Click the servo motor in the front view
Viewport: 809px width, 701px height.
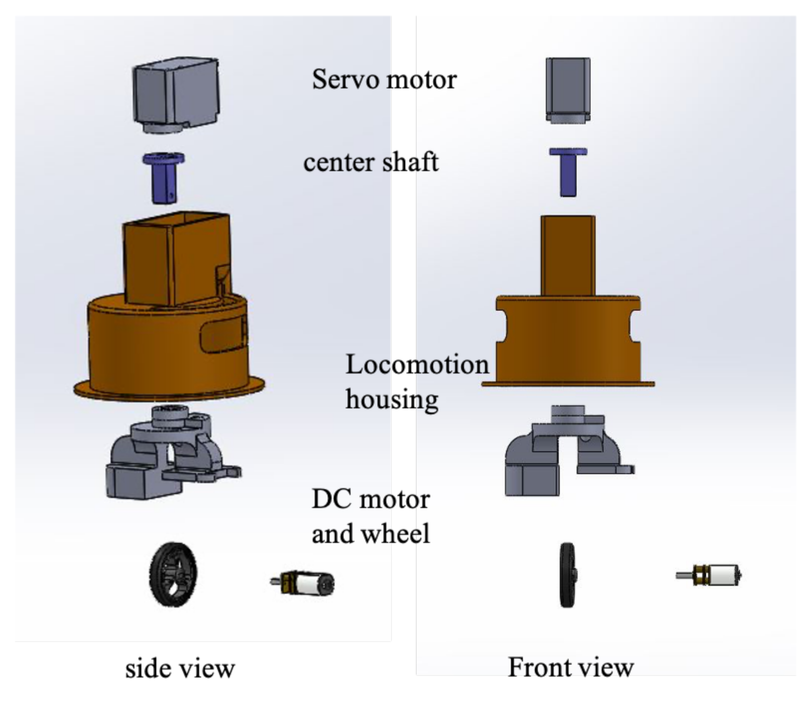pyautogui.click(x=568, y=89)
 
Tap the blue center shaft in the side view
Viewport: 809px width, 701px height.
pyautogui.click(x=164, y=179)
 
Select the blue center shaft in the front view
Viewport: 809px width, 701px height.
pyautogui.click(x=568, y=172)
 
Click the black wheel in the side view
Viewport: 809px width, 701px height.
pyautogui.click(x=174, y=574)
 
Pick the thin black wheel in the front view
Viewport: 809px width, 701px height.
pyautogui.click(x=567, y=575)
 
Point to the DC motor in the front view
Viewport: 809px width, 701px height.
pyautogui.click(x=712, y=575)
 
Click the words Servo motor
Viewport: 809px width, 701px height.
pyautogui.click(x=384, y=79)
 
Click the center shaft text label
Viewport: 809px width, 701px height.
pyautogui.click(x=371, y=162)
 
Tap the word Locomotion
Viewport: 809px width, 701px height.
pyautogui.click(x=417, y=364)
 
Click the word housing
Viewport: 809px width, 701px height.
pyautogui.click(x=392, y=399)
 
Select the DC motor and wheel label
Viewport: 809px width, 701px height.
pyautogui.click(x=371, y=516)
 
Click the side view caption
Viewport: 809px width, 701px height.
pyautogui.click(x=180, y=668)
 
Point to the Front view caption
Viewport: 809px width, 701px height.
pyautogui.click(x=570, y=667)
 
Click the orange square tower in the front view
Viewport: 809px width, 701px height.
pyautogui.click(x=568, y=255)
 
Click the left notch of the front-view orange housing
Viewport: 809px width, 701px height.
pyautogui.click(x=501, y=326)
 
